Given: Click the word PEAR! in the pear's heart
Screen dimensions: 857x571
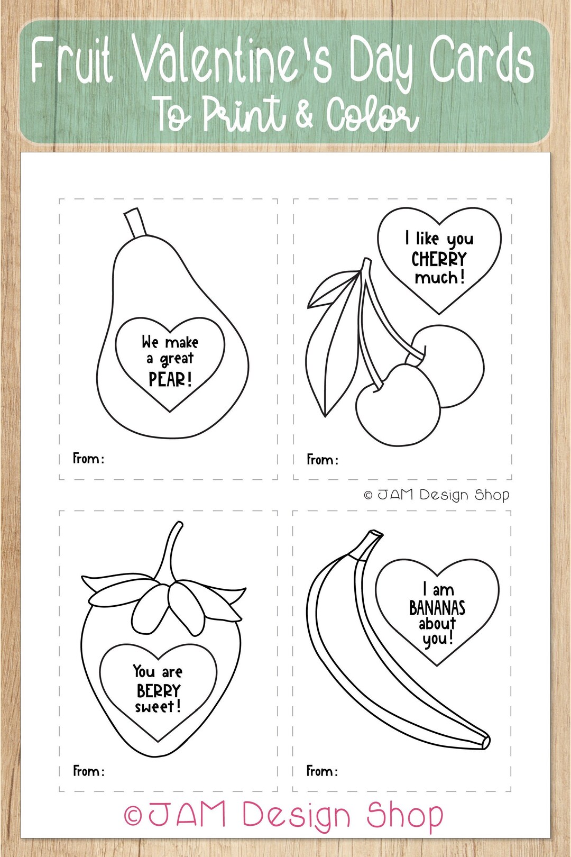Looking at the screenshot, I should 170,379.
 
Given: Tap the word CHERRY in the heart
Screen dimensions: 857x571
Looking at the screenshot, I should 439,259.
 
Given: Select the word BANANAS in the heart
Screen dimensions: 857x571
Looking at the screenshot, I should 437,608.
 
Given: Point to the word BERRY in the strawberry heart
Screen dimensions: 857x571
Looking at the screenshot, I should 159,691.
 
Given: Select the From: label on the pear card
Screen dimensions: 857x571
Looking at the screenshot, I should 88,458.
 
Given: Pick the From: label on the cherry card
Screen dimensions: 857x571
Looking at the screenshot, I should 323,460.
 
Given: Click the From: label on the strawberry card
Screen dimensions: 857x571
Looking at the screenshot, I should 88,771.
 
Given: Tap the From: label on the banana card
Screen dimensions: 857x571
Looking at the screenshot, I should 322,771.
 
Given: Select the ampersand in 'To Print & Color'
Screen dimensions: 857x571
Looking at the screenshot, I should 305,113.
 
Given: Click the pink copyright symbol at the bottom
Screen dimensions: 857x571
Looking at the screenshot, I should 133,816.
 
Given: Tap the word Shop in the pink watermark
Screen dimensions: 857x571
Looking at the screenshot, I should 405,815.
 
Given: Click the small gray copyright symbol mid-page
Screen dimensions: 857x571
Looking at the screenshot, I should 369,496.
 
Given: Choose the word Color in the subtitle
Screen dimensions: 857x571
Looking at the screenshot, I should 372,115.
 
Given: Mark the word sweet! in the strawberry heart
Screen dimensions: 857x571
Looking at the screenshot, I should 158,707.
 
